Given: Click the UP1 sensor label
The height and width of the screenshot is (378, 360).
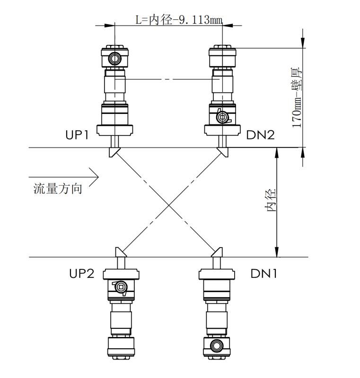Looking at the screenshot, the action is pos(77,135).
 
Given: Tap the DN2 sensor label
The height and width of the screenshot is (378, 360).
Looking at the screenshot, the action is pos(260,135).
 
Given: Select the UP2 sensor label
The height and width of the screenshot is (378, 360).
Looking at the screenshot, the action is pos(81,274).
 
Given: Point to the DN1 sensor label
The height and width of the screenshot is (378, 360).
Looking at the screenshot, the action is pos(263,274).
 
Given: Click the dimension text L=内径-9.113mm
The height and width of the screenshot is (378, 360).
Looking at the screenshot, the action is pos(179,19).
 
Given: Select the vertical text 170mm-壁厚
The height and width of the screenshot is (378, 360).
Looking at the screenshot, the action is pos(296,97).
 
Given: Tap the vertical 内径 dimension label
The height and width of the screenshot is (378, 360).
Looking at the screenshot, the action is pos(271,200).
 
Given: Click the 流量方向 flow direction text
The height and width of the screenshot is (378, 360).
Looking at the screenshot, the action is pos(58,189).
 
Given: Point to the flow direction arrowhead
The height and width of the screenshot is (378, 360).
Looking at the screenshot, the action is pos(94,177).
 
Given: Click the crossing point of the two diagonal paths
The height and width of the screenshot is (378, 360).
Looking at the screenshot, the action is pos(169,205).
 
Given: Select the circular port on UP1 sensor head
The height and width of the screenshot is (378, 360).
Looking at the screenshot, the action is pos(114,58).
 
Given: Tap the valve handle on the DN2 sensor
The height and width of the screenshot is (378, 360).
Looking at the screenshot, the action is pos(223,117).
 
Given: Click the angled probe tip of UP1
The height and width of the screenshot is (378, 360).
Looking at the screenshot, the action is pos(114,152).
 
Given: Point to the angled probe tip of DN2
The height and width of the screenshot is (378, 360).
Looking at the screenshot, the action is pos(223,152).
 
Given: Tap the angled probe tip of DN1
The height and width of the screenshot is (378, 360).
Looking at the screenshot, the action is pos(217,252).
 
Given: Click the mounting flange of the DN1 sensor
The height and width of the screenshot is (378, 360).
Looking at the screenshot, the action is pos(217,275).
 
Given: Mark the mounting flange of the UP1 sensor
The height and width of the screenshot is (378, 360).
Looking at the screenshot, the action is pos(114,130).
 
